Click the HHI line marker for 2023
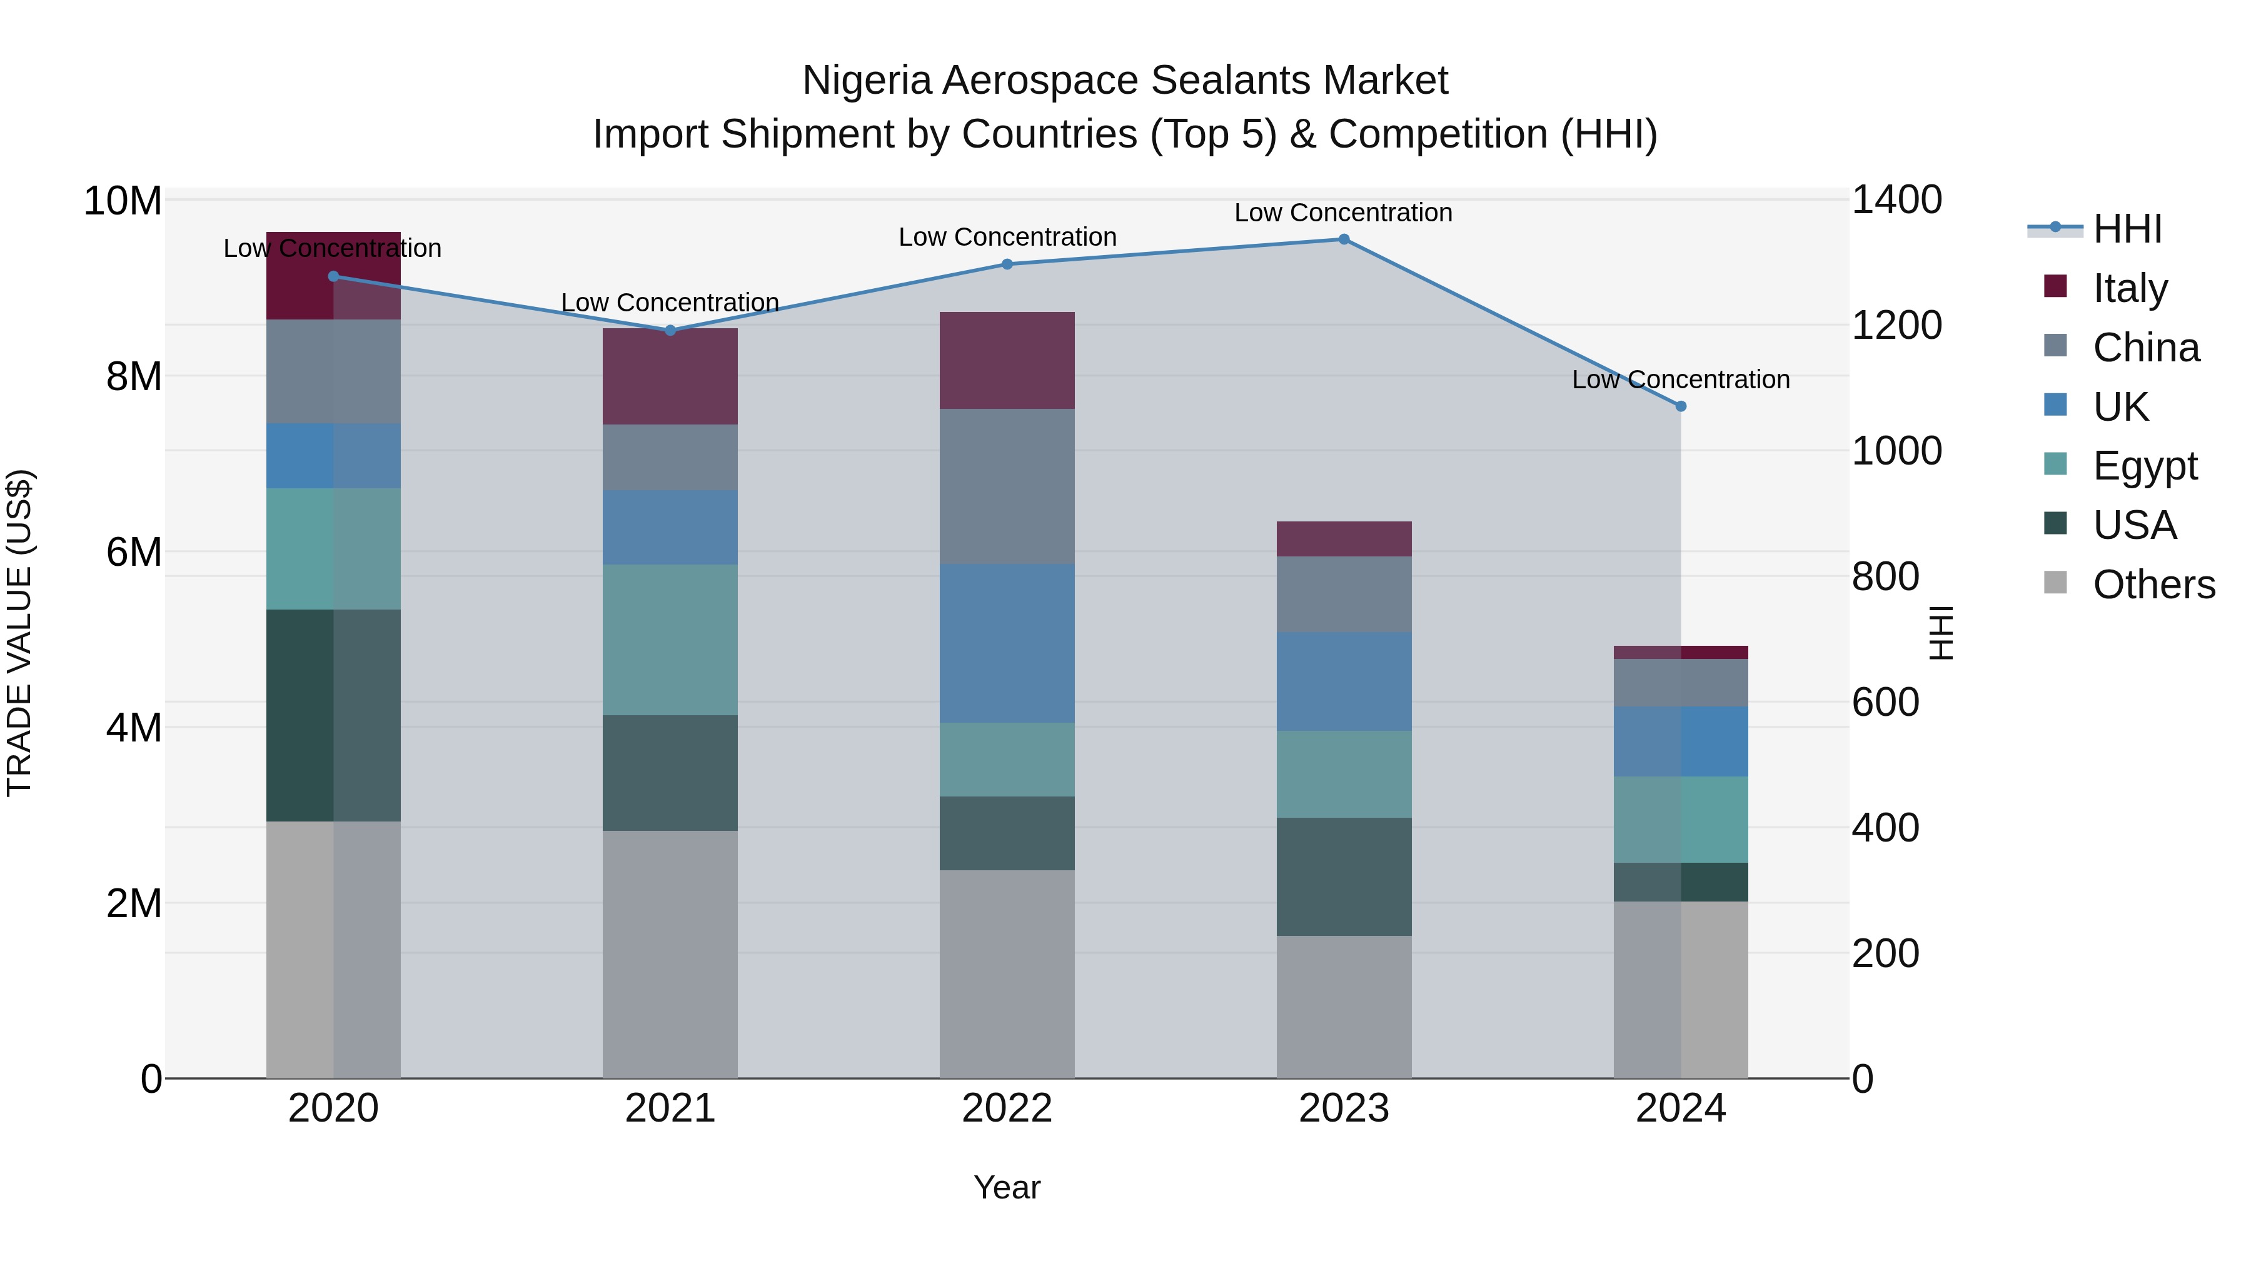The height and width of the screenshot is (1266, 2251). click(1344, 239)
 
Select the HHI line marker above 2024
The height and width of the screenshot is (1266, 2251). click(1680, 406)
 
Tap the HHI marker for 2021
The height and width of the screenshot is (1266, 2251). click(670, 330)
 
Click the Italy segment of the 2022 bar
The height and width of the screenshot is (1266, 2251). click(1007, 360)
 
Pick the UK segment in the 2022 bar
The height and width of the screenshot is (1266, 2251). click(1007, 643)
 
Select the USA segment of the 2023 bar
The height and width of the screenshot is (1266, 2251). click(1344, 877)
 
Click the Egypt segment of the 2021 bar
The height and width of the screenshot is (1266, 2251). click(670, 640)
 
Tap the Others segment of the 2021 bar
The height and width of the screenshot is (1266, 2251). click(670, 954)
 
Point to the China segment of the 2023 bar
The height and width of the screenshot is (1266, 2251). click(1344, 594)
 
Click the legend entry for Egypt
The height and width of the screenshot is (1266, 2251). click(2145, 466)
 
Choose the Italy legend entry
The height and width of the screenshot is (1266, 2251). click(2130, 288)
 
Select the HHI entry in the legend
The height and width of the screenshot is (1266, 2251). click(2127, 229)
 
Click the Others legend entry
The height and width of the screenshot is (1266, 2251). click(2153, 585)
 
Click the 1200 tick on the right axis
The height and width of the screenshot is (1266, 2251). click(1897, 326)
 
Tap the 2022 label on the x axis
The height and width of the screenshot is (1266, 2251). click(1007, 1108)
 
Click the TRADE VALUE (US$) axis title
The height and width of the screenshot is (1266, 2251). click(19, 633)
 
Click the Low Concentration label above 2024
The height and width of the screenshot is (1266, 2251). click(1680, 380)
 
